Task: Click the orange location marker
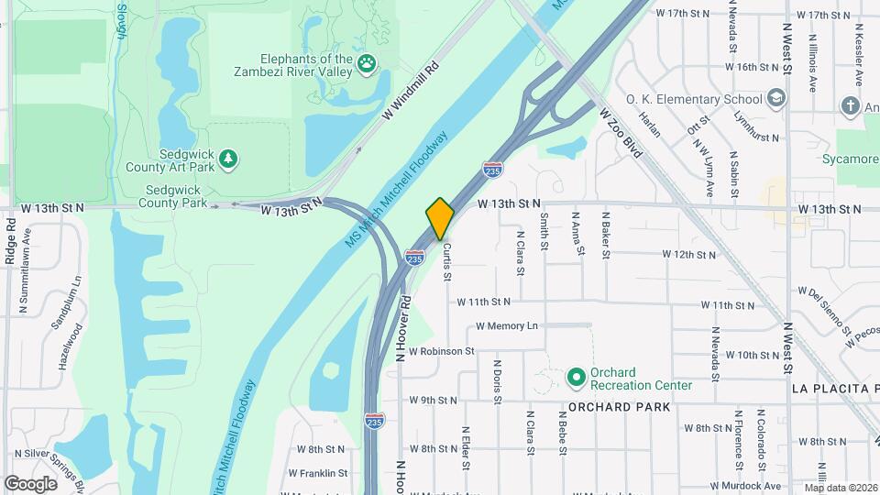(440, 219)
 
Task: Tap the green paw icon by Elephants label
(368, 63)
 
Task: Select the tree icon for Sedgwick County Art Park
(228, 159)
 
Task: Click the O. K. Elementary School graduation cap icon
(776, 99)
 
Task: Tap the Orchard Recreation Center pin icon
(576, 377)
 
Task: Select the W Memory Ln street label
(507, 326)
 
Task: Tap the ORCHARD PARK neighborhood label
(625, 406)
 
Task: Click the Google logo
(30, 483)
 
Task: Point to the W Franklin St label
(318, 473)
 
